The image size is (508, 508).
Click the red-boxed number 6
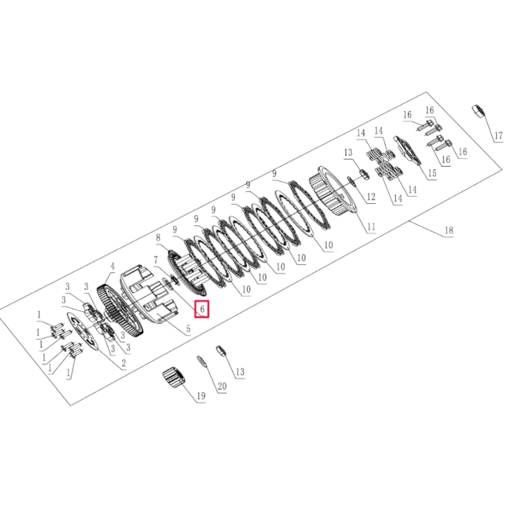(202, 309)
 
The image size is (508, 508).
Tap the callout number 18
(448, 230)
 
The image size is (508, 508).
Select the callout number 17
(498, 136)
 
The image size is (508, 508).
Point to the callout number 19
(201, 395)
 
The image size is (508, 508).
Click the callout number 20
(222, 387)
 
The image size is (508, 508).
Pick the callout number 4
(113, 267)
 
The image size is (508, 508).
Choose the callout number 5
(188, 329)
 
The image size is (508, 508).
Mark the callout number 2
(124, 364)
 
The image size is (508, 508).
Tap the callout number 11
(371, 226)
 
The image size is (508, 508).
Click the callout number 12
(371, 197)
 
